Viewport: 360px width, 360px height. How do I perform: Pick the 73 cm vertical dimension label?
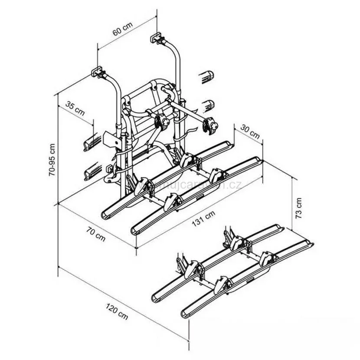tap(298, 208)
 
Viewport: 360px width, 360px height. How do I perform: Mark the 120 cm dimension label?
tap(117, 311)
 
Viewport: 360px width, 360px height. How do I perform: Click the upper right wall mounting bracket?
tap(157, 37)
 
